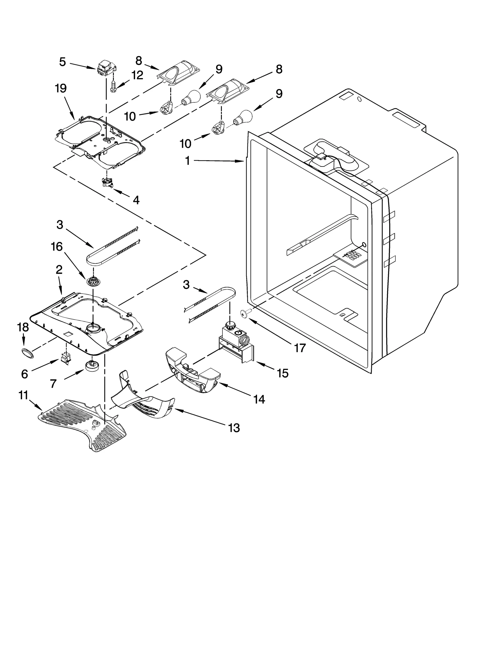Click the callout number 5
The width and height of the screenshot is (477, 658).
[62, 62]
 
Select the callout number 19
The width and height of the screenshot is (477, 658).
[61, 88]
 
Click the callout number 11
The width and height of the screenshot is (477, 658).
[23, 396]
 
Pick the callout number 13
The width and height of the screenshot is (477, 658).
[234, 428]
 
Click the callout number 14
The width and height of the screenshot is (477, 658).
[259, 399]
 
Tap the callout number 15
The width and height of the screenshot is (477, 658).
[283, 373]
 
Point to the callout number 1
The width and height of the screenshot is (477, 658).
[187, 161]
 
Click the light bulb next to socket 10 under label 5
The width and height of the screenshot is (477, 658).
[190, 98]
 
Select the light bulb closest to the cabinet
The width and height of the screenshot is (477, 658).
[244, 117]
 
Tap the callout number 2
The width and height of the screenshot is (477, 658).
[59, 270]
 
